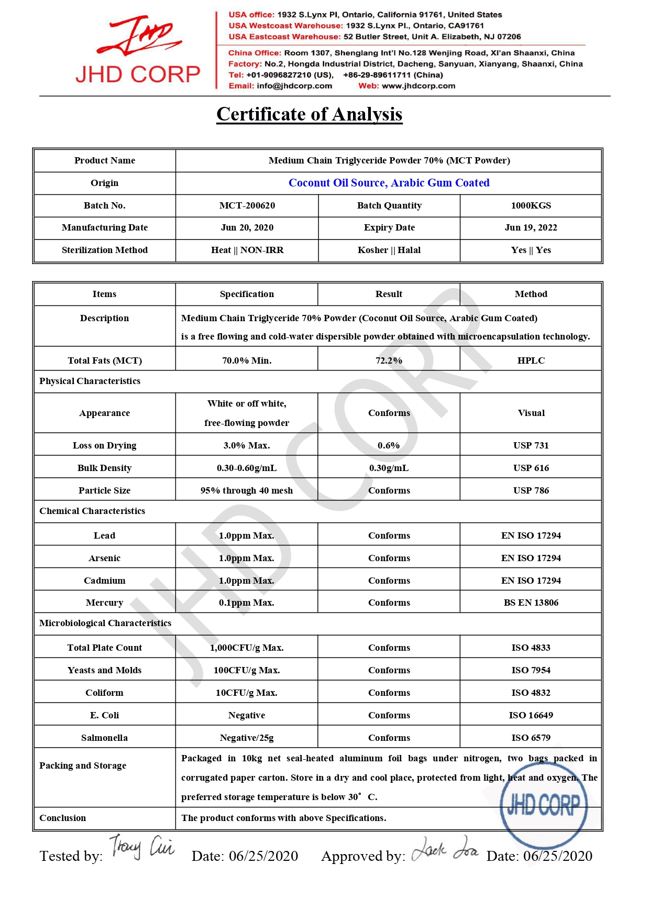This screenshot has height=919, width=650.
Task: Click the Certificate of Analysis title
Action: click(309, 114)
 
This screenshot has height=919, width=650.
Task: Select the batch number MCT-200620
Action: click(247, 205)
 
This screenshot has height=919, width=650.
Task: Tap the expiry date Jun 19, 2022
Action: click(531, 227)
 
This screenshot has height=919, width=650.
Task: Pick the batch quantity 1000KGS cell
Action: click(531, 205)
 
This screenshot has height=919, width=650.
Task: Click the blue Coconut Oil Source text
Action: click(389, 183)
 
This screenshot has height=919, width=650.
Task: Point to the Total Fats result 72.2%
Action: click(389, 360)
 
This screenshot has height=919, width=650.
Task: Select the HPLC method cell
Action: click(531, 360)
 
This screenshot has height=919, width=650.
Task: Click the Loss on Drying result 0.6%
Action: click(389, 445)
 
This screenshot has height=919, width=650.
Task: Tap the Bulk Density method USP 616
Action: click(531, 468)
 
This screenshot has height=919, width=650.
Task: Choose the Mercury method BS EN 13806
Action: click(531, 603)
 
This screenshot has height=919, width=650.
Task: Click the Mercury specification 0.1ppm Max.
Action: click(247, 603)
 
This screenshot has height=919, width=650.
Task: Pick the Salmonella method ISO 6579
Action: click(531, 738)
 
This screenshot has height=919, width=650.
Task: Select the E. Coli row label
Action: click(104, 715)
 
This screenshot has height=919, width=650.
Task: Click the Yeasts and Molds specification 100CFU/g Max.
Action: click(247, 670)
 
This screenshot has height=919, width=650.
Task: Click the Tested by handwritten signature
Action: click(141, 847)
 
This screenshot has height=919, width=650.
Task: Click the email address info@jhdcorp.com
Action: click(294, 86)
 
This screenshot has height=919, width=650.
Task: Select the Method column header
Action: click(531, 294)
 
